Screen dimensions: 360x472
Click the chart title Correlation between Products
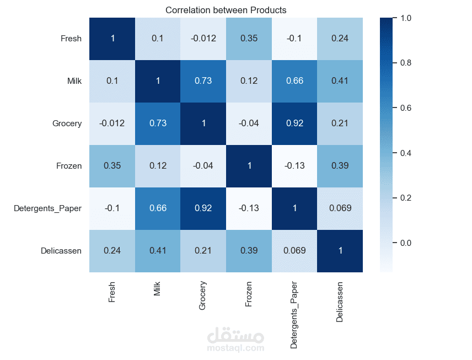(x=226, y=10)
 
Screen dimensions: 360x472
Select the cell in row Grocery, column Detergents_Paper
(x=294, y=123)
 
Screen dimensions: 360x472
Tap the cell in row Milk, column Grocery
(x=203, y=81)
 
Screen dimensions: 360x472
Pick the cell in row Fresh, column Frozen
(x=249, y=39)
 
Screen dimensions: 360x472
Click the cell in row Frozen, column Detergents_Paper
(x=294, y=166)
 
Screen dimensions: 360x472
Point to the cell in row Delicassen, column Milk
(x=158, y=251)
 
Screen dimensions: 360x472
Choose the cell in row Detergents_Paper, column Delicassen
(x=340, y=208)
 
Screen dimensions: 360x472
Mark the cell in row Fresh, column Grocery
(x=203, y=39)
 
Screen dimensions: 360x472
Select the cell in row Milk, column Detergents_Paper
(x=294, y=81)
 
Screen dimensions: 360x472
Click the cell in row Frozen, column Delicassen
(x=340, y=166)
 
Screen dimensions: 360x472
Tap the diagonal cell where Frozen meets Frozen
(x=249, y=166)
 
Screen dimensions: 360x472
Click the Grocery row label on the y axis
(x=67, y=123)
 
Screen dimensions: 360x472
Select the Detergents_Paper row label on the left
(x=48, y=208)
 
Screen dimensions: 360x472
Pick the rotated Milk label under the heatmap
(x=158, y=289)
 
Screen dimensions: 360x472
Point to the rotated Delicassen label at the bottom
(x=340, y=302)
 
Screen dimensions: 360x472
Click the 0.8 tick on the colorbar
(x=405, y=63)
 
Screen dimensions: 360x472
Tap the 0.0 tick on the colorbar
(x=405, y=243)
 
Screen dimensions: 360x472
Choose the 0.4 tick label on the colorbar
(x=405, y=153)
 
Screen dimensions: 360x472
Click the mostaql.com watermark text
(x=235, y=348)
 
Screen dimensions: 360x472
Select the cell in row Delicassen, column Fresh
(x=112, y=251)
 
